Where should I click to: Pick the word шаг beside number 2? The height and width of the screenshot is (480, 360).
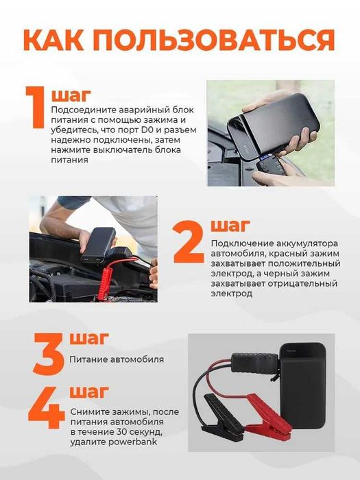[230, 226]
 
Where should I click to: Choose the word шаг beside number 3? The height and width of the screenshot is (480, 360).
[89, 337]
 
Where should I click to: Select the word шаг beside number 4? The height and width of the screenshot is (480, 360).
[89, 392]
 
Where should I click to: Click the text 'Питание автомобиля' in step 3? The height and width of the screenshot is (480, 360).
[117, 359]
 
